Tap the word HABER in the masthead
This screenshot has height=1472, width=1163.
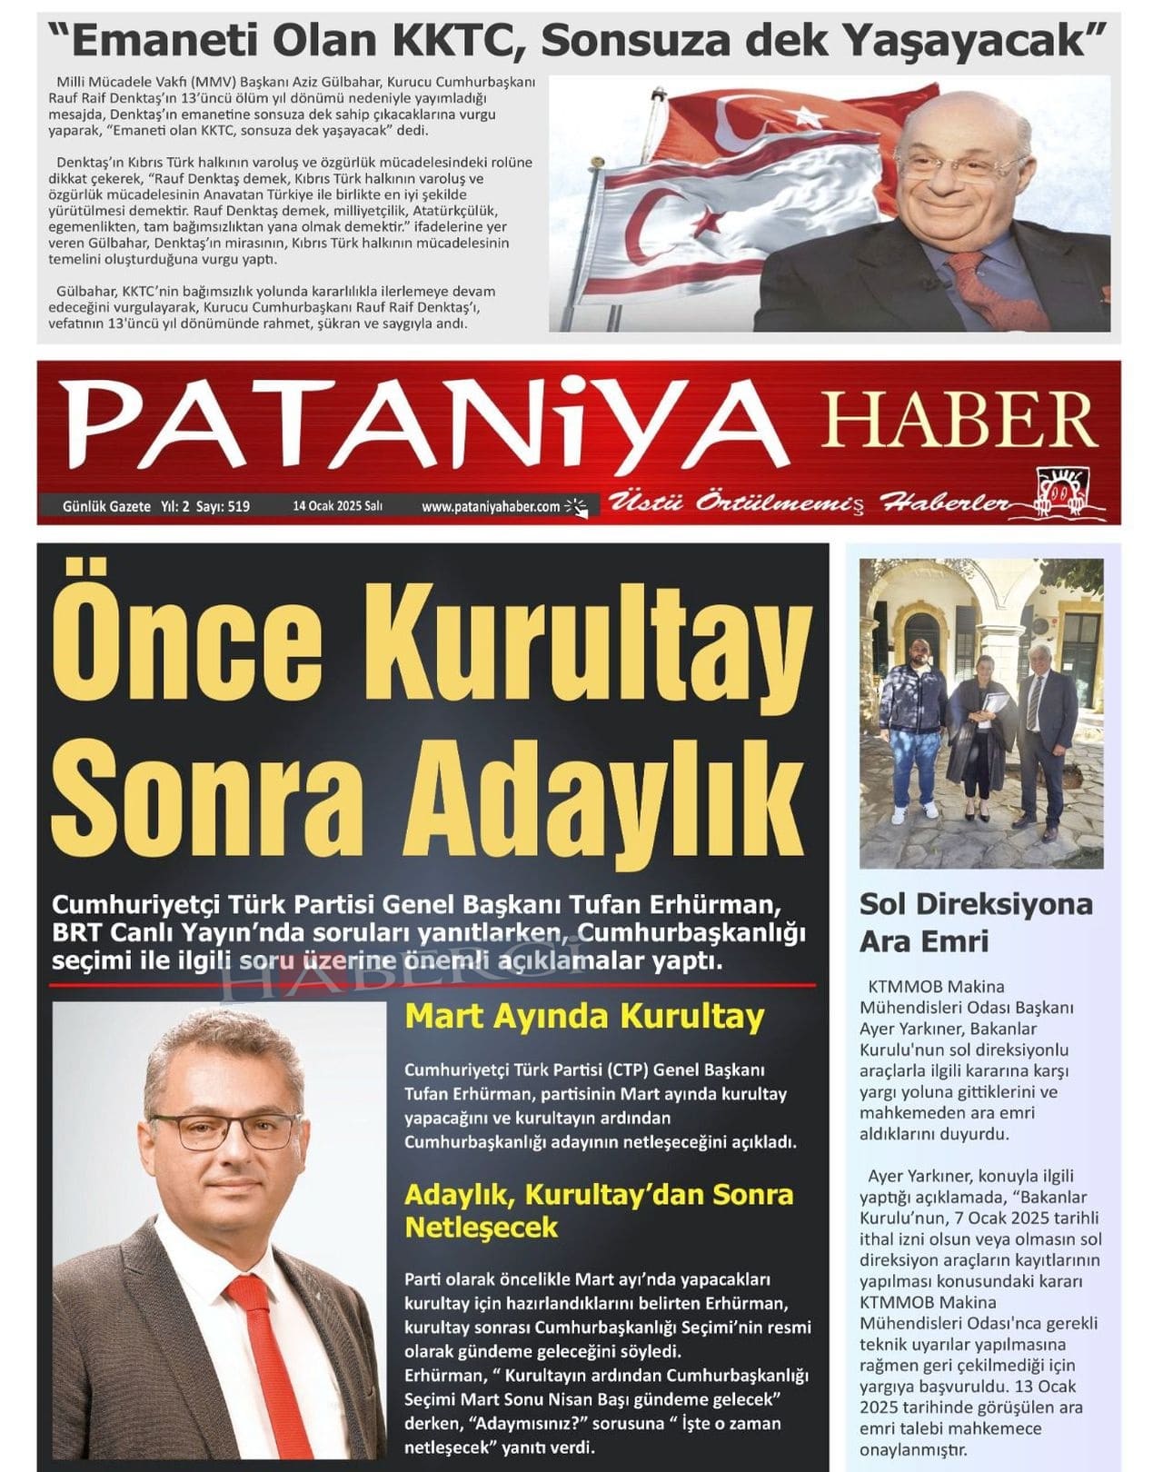click(x=958, y=419)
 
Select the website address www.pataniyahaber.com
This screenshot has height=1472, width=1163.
click(x=491, y=507)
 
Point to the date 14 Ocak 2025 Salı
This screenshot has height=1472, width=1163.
click(x=337, y=506)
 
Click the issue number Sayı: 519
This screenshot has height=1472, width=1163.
click(x=223, y=506)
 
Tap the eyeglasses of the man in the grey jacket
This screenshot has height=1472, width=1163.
click(x=224, y=1130)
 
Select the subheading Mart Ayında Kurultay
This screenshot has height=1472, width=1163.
click(x=584, y=1016)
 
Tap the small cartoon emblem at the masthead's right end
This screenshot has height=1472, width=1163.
click(x=1063, y=495)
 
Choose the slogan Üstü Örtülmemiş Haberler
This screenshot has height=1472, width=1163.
click(x=809, y=502)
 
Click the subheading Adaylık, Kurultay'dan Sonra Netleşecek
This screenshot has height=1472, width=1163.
click(x=599, y=1210)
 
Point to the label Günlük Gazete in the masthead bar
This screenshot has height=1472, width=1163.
click(x=106, y=506)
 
